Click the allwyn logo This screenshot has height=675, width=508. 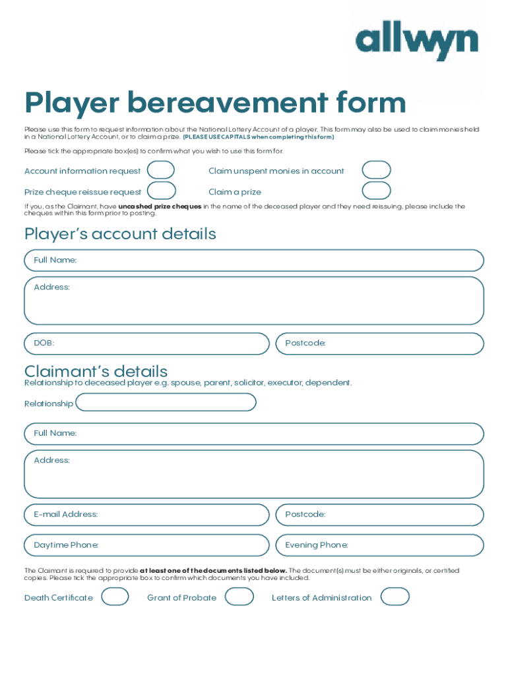416,43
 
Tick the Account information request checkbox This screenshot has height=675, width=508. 161,171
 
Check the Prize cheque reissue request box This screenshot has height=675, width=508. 162,191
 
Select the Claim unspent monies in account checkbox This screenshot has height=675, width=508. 376,171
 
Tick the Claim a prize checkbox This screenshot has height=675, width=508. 376,191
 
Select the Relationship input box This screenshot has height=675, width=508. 166,403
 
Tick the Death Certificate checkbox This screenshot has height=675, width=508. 115,597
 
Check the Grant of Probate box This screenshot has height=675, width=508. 239,597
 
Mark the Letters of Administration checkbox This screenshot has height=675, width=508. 395,597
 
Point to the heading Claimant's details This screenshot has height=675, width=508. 96,371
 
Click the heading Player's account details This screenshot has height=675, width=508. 120,234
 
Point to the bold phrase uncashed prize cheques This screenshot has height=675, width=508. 160,206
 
